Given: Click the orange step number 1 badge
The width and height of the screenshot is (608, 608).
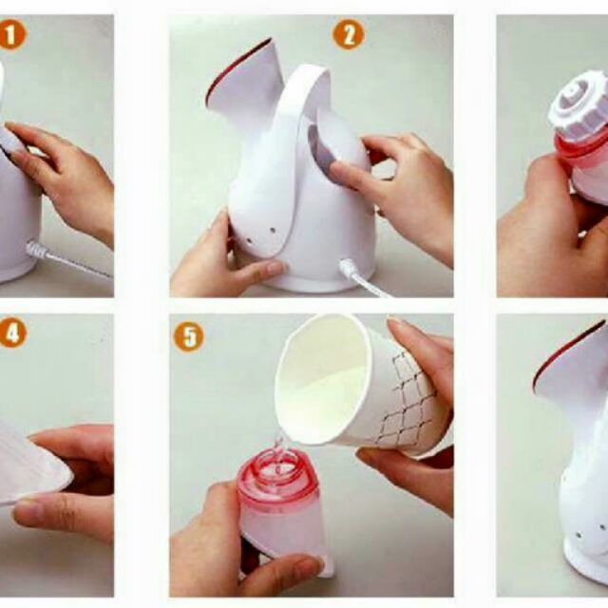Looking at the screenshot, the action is [x=11, y=35].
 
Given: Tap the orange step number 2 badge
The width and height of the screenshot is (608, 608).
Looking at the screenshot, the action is [x=349, y=34].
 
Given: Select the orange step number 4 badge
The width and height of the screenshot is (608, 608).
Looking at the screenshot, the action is [x=12, y=333].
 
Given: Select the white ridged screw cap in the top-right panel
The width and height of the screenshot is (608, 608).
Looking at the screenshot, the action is [x=579, y=104].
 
